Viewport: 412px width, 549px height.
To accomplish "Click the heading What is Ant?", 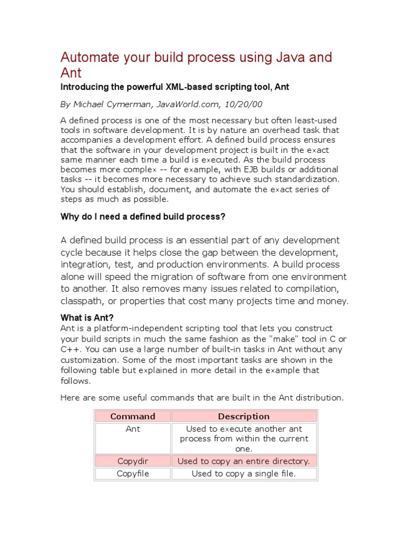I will pyautogui.click(x=87, y=317).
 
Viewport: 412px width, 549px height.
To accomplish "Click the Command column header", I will pyautogui.click(x=133, y=416).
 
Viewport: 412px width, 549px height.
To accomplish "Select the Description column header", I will pyautogui.click(x=244, y=416).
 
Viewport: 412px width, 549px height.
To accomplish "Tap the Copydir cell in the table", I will pyautogui.click(x=133, y=461).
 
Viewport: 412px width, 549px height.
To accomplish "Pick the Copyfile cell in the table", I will pyautogui.click(x=133, y=474).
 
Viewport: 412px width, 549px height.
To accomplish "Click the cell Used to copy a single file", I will pyautogui.click(x=244, y=474).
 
